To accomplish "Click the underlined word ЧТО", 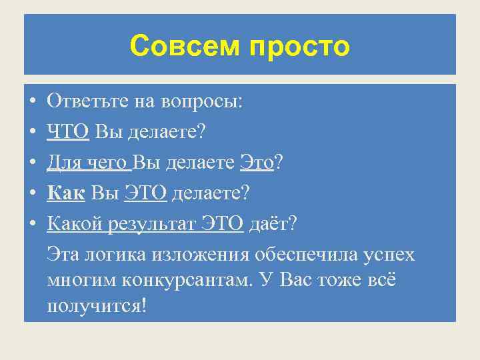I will pyautogui.click(x=68, y=131).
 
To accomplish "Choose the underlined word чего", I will pyautogui.click(x=111, y=163).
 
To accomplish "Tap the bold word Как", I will pyautogui.click(x=66, y=193).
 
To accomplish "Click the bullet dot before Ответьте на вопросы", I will pyautogui.click(x=32, y=101).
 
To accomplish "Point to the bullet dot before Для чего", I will pyautogui.click(x=32, y=163).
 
